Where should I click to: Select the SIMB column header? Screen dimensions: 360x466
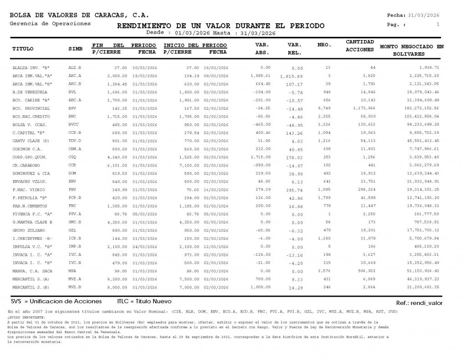[x=75, y=49]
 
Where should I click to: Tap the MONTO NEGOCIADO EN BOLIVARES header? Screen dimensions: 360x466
[x=411, y=50]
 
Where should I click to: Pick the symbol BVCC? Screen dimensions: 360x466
[x=74, y=125]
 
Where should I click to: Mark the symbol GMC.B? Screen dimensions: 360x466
[x=75, y=223]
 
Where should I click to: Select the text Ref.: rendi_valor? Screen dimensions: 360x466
[x=419, y=303]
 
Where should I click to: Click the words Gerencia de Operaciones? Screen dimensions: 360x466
[x=50, y=24]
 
